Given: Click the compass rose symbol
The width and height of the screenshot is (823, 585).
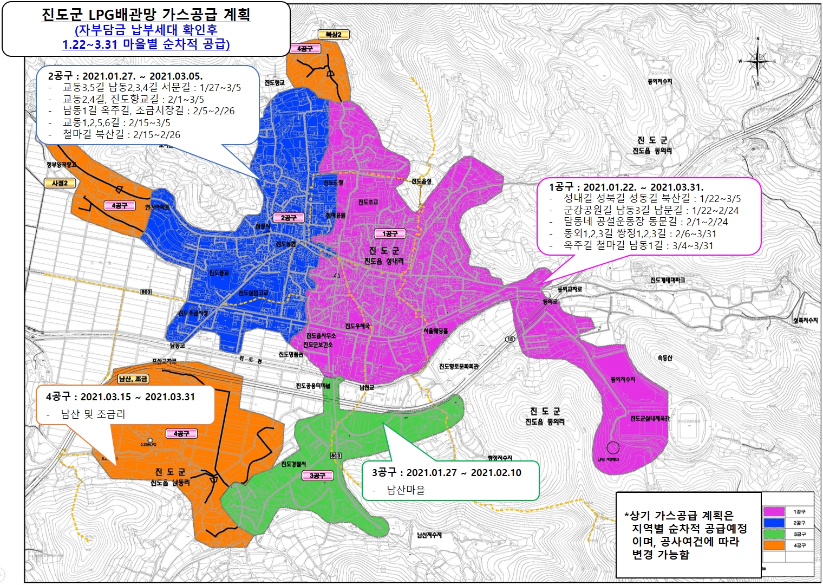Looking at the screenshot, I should pos(757,61).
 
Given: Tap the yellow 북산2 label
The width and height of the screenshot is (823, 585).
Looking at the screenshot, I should pos(334,35).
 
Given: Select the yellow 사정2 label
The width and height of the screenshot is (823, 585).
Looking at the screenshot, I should pos(60,183).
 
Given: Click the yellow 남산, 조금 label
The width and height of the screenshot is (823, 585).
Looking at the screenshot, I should pos(133,379).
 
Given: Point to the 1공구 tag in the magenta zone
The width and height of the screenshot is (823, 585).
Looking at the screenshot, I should pos(390,233).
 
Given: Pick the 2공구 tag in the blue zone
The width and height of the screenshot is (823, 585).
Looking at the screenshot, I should pos(289,218).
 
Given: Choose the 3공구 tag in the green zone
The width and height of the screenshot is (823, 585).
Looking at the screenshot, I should pos(317,476).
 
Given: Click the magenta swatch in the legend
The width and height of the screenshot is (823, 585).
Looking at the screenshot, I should pos(774,511).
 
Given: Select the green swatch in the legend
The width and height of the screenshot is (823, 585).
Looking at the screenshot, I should pos(774,534).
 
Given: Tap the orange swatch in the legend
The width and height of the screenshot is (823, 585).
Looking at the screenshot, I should pos(774,545).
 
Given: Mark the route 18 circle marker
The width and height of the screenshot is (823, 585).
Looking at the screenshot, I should pos(510,339).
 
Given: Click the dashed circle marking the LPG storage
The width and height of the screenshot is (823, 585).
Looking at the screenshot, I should pos(612,448).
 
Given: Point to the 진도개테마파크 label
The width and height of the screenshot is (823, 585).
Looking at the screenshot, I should pos(668,280).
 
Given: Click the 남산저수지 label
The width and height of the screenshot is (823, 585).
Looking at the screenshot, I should pos(429,535).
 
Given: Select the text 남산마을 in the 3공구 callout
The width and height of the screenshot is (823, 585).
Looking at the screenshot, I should pos(406,490).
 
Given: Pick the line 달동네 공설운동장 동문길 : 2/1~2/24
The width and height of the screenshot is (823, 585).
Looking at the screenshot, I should pos(645,222).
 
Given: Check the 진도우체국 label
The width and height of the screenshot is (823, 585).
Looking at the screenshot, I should pos(357,326).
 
